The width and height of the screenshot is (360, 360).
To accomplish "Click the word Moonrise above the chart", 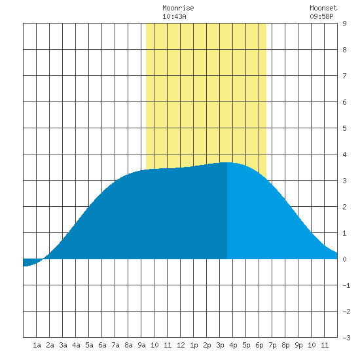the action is point(178,8).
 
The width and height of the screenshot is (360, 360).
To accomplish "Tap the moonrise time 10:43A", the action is point(174,16).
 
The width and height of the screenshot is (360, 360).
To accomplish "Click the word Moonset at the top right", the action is point(323,8).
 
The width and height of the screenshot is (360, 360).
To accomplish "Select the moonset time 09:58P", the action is point(321,16).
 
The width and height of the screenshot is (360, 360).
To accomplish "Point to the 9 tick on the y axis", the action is point(344,24).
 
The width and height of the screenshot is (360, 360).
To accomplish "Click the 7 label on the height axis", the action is point(344,76).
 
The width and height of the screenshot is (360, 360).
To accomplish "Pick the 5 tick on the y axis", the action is point(344,128).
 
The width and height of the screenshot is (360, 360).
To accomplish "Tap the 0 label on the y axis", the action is point(344,259).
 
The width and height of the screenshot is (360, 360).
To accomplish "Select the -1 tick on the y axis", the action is point(346,285).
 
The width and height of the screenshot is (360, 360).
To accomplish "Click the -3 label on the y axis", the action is point(346,338).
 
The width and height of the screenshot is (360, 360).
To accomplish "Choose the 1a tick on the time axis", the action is point(37,345).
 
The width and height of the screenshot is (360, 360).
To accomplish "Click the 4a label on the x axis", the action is point(76,345).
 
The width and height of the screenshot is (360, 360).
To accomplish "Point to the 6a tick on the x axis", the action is point(102,345).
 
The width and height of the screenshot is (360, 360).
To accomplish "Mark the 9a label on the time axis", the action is point(141,345).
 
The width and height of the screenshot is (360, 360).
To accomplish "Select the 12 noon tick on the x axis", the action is point(181,345).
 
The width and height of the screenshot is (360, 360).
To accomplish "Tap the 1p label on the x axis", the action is point(194,345).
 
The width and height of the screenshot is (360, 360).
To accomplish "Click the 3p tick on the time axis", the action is point(220,345).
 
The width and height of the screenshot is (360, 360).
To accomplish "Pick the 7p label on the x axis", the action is point(272,345).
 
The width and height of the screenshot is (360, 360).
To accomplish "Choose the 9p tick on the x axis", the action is point(298,345).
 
